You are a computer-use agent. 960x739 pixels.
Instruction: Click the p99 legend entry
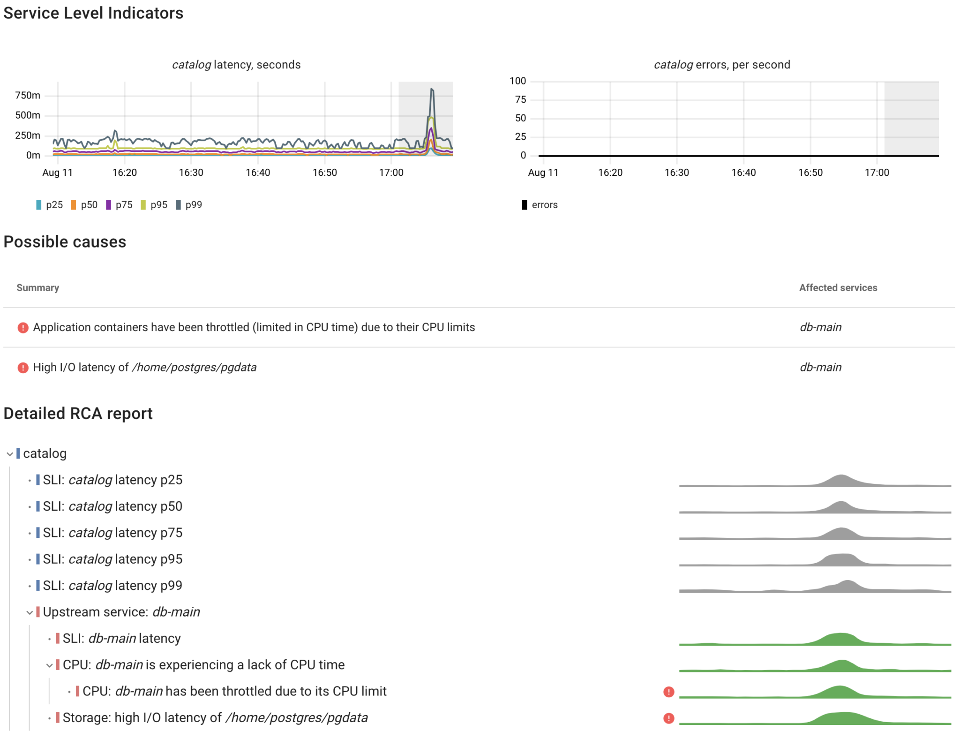point(189,205)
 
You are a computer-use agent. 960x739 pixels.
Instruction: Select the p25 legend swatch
point(39,205)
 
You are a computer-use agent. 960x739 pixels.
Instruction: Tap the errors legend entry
point(540,205)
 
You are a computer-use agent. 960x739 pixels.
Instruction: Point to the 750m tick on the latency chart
point(28,96)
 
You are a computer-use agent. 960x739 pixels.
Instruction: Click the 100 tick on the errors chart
point(517,81)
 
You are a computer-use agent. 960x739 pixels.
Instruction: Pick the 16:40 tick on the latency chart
point(258,173)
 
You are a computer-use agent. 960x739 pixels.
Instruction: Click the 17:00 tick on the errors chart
point(877,173)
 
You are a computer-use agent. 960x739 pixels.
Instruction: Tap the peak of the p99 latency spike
point(432,89)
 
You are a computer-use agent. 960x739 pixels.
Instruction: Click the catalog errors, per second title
point(722,65)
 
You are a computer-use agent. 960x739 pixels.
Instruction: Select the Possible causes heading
point(65,242)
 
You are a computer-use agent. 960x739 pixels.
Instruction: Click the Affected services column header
point(838,288)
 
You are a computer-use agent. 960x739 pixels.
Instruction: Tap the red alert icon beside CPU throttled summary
point(23,328)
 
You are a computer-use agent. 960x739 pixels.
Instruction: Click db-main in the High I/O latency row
point(820,367)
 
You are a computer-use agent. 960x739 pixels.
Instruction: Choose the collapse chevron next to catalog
point(10,454)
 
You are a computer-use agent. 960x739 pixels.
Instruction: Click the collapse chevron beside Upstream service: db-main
point(30,612)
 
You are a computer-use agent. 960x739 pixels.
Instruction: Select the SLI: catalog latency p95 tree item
point(112,559)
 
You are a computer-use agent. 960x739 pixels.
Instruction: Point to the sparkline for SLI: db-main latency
point(815,639)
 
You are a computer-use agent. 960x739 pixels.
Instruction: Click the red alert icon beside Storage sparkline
point(669,718)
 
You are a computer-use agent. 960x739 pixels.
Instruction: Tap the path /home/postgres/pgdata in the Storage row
point(297,718)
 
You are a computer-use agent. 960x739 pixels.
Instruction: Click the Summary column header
point(38,288)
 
